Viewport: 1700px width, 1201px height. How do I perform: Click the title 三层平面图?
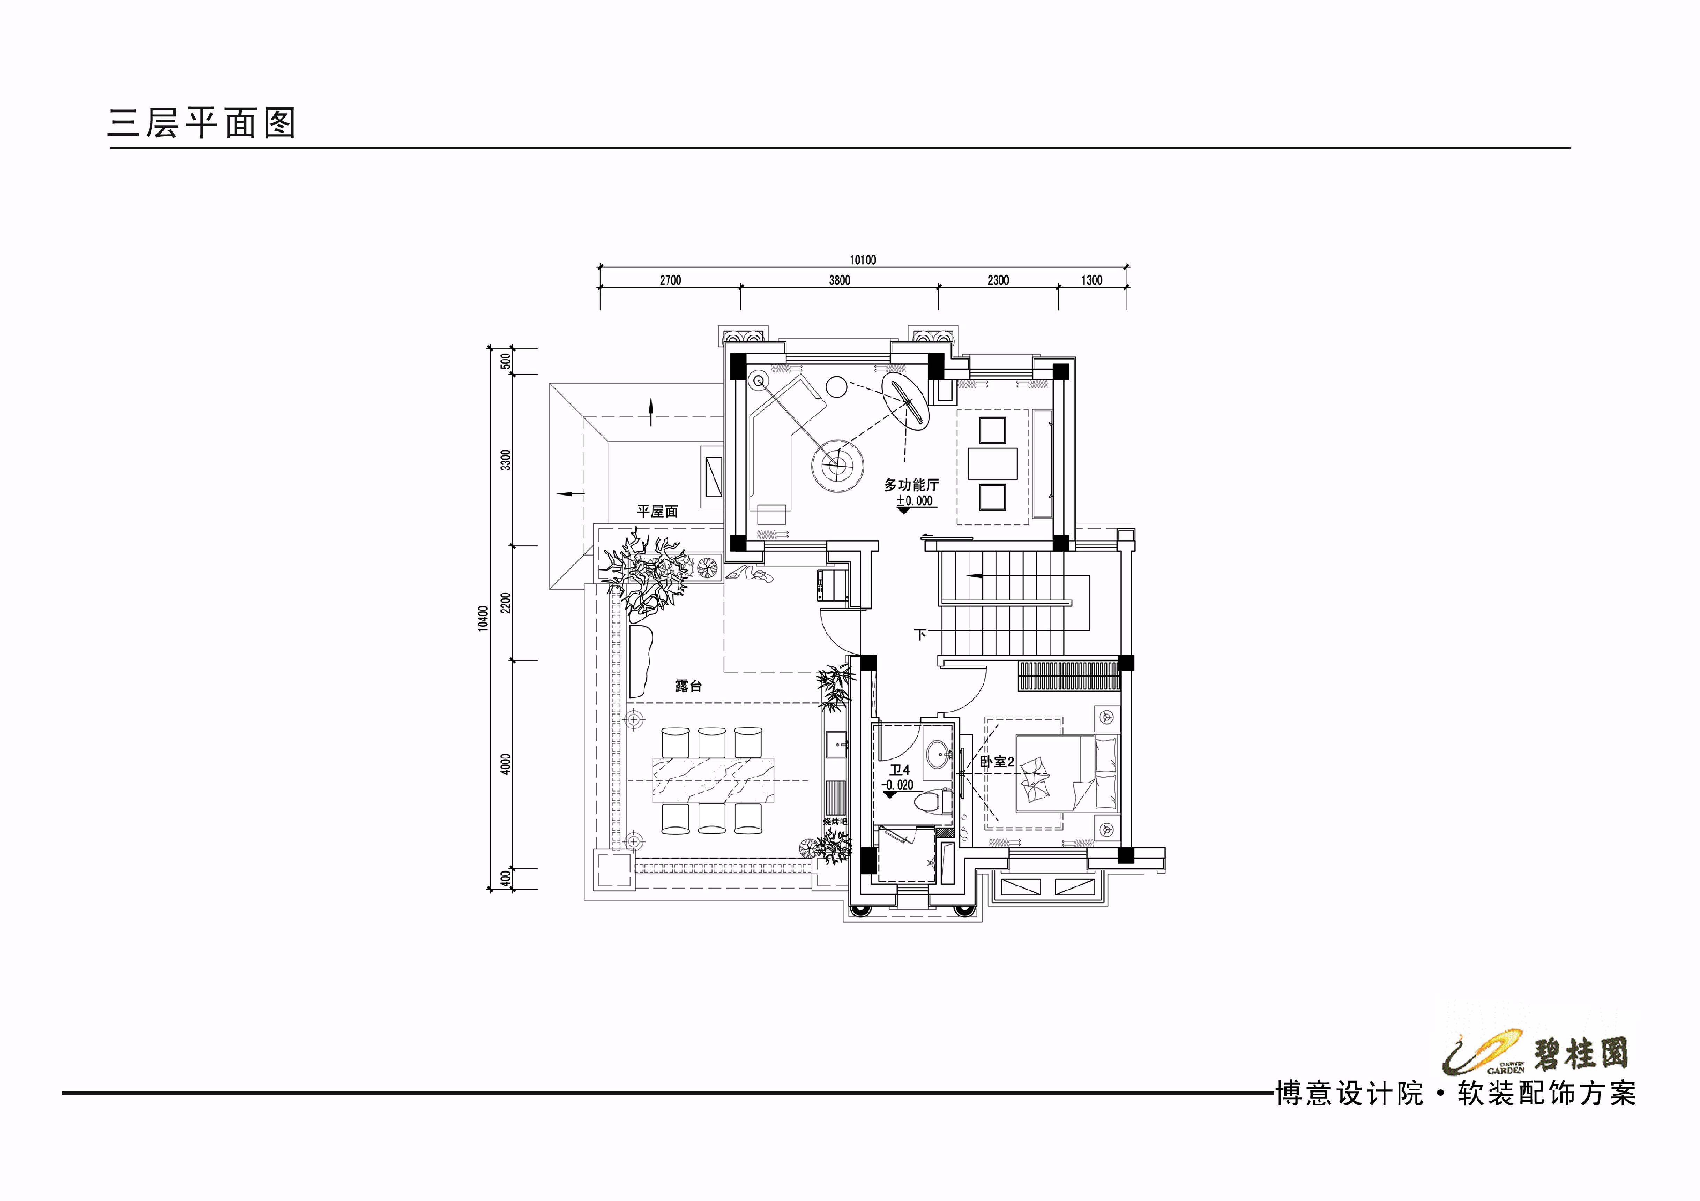pyautogui.click(x=201, y=123)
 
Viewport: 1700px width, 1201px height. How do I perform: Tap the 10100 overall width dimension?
pyautogui.click(x=863, y=260)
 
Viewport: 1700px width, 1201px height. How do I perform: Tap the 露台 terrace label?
pyautogui.click(x=688, y=686)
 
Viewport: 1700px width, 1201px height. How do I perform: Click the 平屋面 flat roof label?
pyautogui.click(x=657, y=511)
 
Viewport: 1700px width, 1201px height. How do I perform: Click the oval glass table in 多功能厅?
pyautogui.click(x=905, y=400)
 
